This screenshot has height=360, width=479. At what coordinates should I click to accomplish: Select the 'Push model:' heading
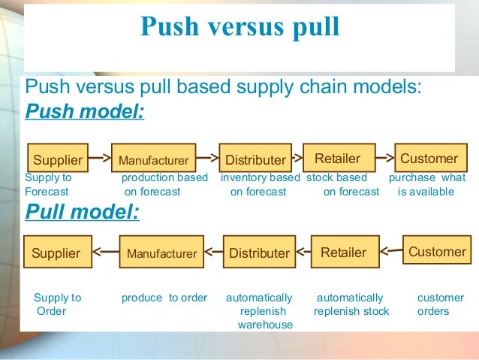click(85, 113)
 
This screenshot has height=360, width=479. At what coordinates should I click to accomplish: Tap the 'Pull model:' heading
click(83, 212)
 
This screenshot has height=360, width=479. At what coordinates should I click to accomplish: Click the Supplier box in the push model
click(57, 159)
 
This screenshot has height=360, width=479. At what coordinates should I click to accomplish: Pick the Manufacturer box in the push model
click(153, 160)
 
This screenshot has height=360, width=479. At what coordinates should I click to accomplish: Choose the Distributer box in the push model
click(255, 159)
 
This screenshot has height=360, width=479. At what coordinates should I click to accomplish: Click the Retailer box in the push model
click(337, 159)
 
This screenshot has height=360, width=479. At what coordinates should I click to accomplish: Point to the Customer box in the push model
click(429, 159)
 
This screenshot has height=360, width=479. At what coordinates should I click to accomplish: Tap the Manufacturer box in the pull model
click(161, 254)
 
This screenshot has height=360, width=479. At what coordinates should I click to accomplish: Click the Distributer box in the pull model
click(259, 253)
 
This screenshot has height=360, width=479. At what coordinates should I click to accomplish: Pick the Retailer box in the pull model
click(343, 253)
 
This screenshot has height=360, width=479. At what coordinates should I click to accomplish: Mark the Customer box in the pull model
click(437, 252)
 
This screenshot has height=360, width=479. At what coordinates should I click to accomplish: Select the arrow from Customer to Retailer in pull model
click(391, 252)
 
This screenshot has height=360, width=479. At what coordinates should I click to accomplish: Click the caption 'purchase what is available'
click(426, 185)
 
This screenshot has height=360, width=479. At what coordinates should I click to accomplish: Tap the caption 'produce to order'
click(164, 298)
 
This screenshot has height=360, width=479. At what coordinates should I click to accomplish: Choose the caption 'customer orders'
click(433, 304)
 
